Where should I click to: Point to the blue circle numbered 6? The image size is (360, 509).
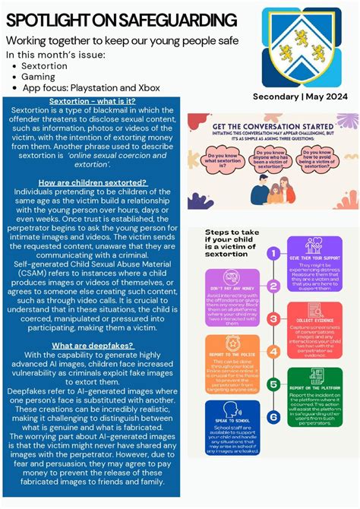[x=273, y=416]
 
